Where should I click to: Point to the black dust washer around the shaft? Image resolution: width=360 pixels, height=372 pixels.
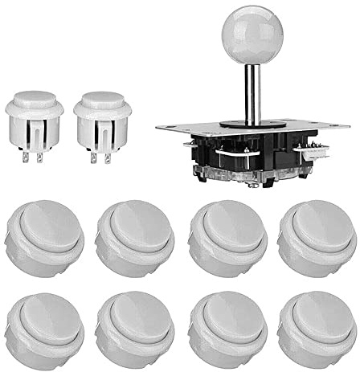click(x=252, y=123)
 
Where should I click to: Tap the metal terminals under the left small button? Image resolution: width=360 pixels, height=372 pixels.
click(x=34, y=157)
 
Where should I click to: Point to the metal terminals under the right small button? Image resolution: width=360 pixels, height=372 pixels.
click(x=101, y=157)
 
